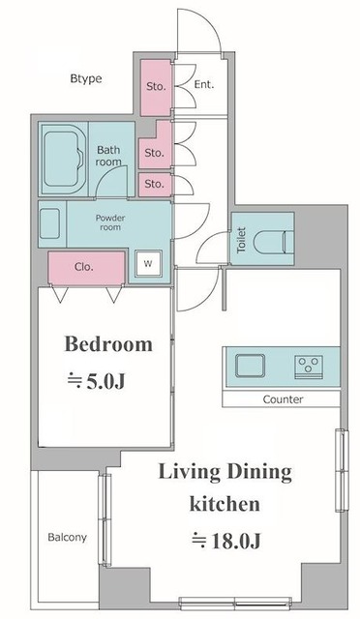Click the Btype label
coord(86,78)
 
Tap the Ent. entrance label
coord(204,84)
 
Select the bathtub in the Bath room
coord(62,159)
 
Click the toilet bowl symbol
coord(273,241)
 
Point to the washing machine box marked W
coord(148,263)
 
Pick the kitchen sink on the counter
coord(250,366)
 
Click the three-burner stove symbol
coord(309,367)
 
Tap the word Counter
coord(283,399)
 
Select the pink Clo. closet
coord(86,268)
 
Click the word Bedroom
coord(108,344)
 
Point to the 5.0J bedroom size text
coord(96,381)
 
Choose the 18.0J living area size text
coord(226,541)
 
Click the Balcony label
coord(67,538)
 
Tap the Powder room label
coord(110,222)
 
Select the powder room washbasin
coord(49,223)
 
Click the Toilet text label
coord(241,240)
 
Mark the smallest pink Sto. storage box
coord(155,185)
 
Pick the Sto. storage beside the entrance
coord(156,88)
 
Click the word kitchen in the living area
coord(225,504)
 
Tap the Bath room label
coord(108,156)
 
